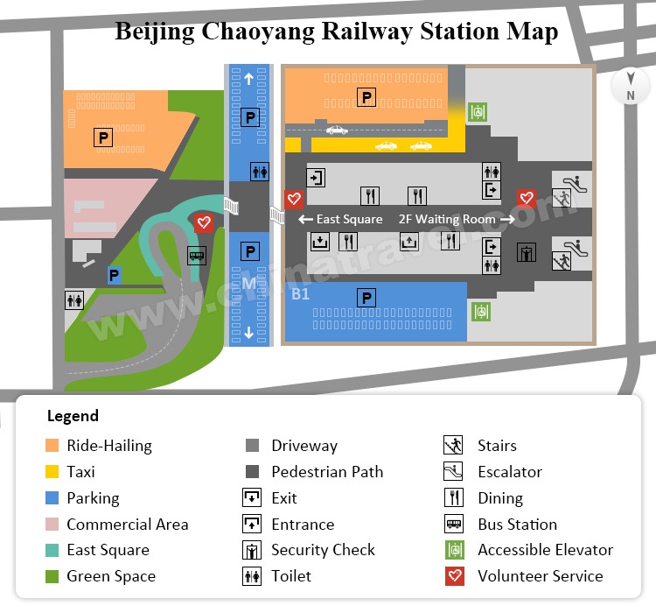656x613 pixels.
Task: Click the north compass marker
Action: [x=630, y=87]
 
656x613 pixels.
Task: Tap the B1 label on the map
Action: [x=300, y=294]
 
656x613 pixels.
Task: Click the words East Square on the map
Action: [x=349, y=219]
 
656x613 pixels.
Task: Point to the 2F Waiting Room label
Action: [x=447, y=219]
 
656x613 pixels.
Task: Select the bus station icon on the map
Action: [x=197, y=256]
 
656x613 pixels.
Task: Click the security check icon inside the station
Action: [x=526, y=253]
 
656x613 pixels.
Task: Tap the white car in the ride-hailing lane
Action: [x=337, y=130]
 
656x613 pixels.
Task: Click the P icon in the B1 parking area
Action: [x=367, y=299]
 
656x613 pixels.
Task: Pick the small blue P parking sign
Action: [x=114, y=275]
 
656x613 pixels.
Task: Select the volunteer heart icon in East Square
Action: [x=203, y=222]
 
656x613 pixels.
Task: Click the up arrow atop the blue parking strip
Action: [x=249, y=79]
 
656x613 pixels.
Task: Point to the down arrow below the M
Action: [x=249, y=332]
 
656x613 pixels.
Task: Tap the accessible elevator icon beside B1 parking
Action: [x=478, y=311]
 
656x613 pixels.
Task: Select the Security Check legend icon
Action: [x=252, y=550]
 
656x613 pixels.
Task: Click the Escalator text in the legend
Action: [x=510, y=472]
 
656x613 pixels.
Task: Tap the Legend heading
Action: [x=73, y=416]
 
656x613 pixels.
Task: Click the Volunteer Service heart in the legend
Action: [x=453, y=576]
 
